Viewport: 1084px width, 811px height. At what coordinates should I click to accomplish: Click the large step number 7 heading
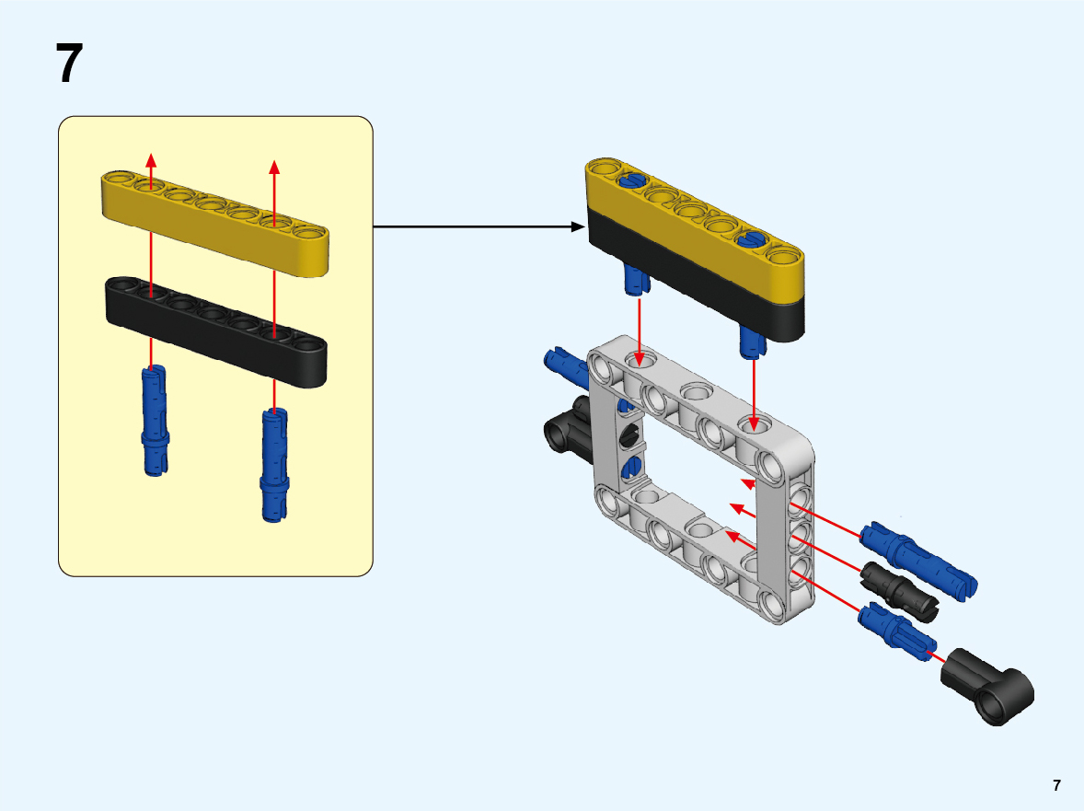pos(70,64)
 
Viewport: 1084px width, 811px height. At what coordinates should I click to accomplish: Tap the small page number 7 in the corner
pos(1056,785)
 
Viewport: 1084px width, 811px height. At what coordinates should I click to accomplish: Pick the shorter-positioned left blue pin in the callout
pos(156,421)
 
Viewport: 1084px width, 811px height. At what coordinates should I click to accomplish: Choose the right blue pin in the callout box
pos(274,465)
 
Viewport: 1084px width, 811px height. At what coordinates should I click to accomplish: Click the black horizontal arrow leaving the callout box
pos(479,226)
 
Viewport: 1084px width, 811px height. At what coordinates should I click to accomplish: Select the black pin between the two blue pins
pos(897,588)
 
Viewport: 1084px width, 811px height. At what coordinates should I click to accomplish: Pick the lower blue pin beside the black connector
pos(897,631)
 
